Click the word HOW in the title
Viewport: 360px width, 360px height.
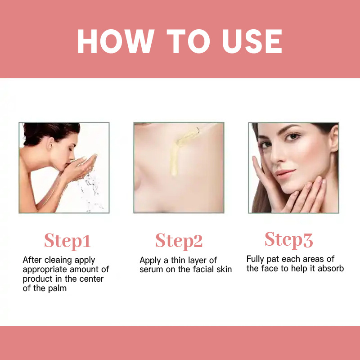pos(116,41)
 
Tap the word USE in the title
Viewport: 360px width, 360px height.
pos(252,41)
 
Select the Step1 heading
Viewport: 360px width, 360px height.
pos(67,241)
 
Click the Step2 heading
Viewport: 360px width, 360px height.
pos(179,241)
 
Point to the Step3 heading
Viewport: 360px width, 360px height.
pos(288,240)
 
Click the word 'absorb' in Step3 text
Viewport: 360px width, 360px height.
pos(331,268)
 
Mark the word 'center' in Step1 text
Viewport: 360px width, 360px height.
pos(91,279)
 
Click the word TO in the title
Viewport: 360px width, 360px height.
pos(188,41)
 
